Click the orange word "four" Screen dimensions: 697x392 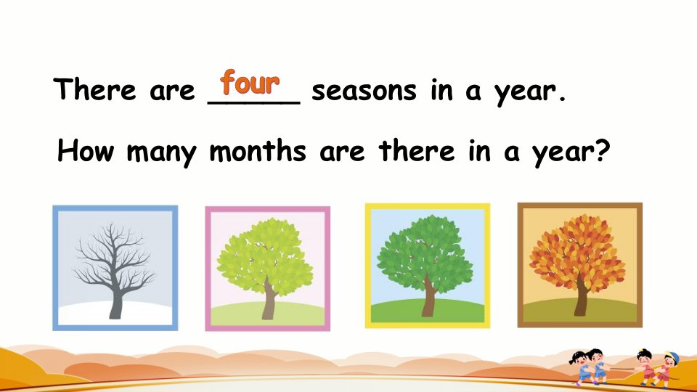coord(250,82)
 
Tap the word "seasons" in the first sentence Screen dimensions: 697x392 coord(364,91)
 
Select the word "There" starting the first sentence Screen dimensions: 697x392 coord(94,89)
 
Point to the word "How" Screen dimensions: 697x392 coord(86,150)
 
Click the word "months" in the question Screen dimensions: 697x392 coord(258,150)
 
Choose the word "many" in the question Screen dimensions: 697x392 coord(161,152)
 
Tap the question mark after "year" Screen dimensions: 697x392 coord(603,150)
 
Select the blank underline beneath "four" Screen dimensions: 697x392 coord(254,102)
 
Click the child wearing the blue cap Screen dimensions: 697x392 coord(667,367)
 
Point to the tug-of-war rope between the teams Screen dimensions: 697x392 coord(621,369)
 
